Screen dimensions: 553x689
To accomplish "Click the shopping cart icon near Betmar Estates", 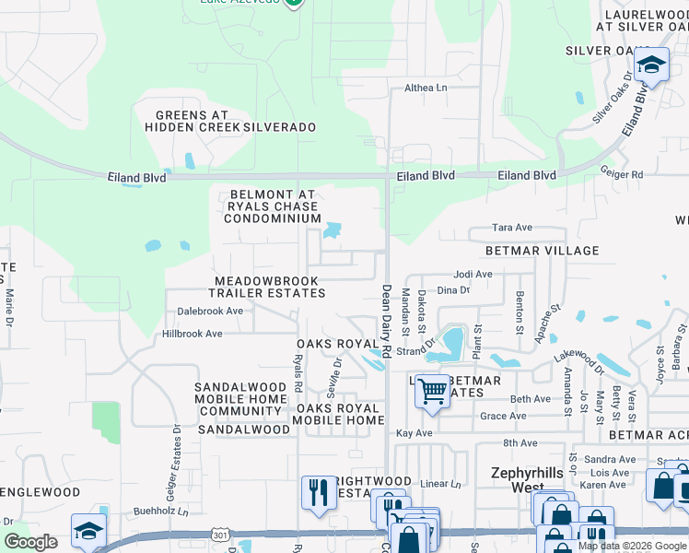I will click(431, 391).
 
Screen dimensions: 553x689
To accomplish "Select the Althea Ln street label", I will click(426, 88).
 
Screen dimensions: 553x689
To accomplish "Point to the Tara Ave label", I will click(513, 227).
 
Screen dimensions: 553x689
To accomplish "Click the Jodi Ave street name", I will click(473, 275).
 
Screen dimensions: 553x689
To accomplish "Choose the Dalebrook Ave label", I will click(210, 312).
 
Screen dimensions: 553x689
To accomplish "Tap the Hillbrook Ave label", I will click(193, 334).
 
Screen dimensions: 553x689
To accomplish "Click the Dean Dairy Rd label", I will click(387, 322).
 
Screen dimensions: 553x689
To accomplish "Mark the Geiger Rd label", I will click(624, 173).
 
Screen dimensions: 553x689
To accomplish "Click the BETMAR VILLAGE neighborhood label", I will click(543, 251).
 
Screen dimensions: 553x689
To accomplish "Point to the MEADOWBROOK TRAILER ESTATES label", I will click(266, 287).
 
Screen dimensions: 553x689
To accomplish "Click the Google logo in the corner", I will click(31, 542).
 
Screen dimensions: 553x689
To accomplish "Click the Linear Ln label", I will click(439, 484).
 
